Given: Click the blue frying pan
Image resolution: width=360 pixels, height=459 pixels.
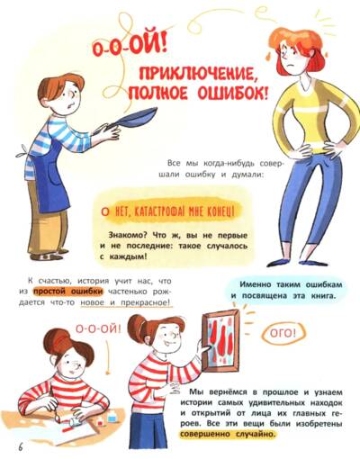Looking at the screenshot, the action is tap(129, 120).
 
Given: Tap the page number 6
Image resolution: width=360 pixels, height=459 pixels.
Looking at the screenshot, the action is tap(21, 446).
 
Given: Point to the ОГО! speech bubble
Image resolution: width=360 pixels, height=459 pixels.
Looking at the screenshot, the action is tap(283, 333).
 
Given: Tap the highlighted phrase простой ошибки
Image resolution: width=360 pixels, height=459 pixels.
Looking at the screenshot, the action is tap(68, 292).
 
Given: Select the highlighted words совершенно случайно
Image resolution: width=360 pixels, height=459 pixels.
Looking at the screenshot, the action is tap(228, 434).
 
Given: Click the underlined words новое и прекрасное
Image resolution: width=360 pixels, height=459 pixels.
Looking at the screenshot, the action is tap(126, 302).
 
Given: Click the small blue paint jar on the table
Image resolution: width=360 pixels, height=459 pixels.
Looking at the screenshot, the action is tap(112, 418).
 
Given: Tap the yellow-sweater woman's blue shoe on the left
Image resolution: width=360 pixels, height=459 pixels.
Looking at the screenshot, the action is tap(281, 262).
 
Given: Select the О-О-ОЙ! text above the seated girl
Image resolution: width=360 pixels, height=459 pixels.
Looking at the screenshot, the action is tap(98, 328).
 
